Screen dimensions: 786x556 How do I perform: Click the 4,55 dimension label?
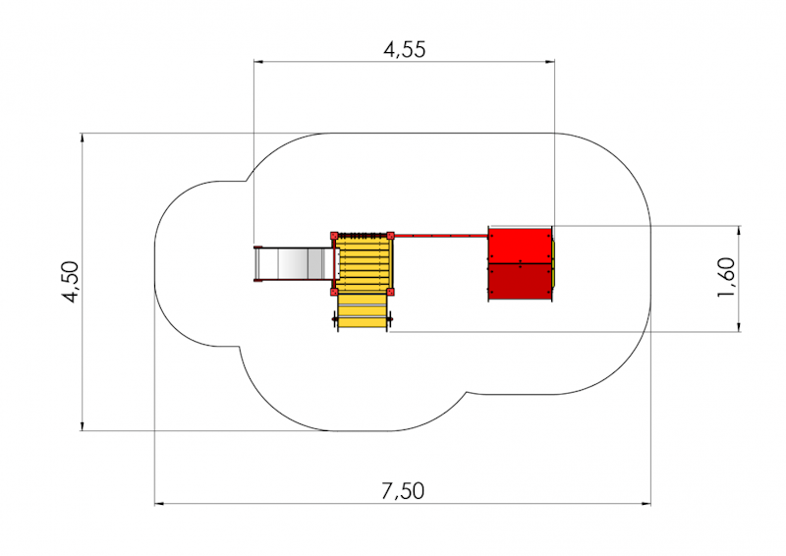405,50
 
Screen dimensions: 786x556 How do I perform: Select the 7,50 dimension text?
403,491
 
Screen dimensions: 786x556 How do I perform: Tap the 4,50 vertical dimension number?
71,282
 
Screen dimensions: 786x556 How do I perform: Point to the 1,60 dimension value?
726,277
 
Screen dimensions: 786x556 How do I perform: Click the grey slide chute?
293,264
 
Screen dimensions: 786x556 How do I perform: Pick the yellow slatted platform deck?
363,264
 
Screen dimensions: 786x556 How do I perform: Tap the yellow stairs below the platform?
363,311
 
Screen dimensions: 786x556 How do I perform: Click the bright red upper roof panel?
520,246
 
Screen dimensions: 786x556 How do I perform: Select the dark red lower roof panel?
520,281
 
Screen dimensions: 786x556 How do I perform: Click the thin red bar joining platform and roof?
441,235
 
